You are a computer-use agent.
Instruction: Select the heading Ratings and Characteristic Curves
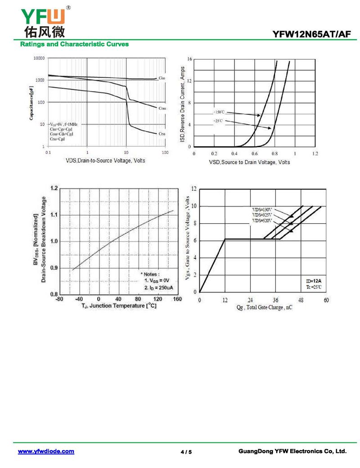tap(75, 44)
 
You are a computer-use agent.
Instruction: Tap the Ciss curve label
tap(162, 78)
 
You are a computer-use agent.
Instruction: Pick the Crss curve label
tap(162, 134)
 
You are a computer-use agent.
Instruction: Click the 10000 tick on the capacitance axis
tap(39, 58)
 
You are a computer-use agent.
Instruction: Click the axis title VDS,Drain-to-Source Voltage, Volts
tap(106, 161)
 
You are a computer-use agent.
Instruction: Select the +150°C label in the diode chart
tap(219, 112)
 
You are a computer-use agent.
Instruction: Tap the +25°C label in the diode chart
tap(218, 121)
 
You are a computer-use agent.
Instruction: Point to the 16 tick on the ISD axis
tap(190, 59)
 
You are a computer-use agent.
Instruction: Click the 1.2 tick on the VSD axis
tap(315, 154)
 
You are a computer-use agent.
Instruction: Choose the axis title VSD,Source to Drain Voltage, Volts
tap(249, 162)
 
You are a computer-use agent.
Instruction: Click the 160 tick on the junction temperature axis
tap(177, 299)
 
